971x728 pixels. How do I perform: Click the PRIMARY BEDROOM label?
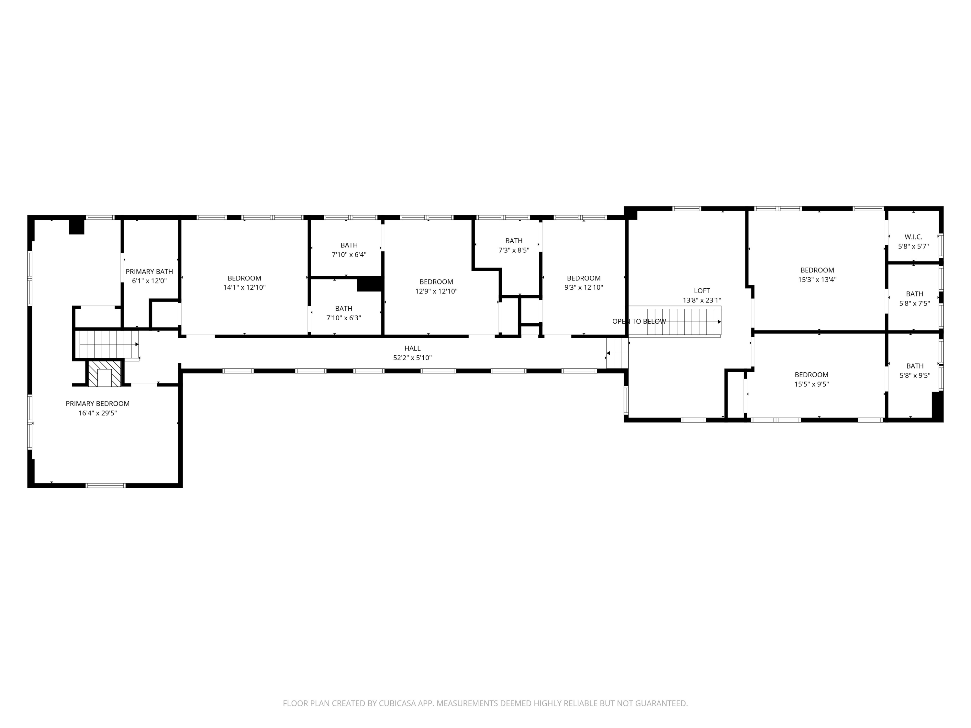click(x=97, y=403)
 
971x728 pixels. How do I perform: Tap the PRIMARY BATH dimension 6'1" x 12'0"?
click(x=149, y=281)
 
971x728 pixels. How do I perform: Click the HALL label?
click(x=412, y=348)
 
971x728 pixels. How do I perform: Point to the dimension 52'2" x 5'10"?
click(x=412, y=358)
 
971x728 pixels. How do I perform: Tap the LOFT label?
click(x=701, y=291)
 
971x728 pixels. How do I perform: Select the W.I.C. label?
click(x=913, y=237)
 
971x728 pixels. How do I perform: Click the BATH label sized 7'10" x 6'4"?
click(x=349, y=245)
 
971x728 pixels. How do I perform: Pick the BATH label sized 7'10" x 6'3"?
click(x=343, y=308)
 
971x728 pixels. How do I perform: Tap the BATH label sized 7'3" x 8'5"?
click(x=514, y=240)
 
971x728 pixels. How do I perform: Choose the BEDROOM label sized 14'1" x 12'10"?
click(x=244, y=278)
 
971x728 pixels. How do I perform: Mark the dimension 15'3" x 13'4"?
click(x=817, y=280)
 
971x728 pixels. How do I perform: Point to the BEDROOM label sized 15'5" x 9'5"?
click(x=811, y=374)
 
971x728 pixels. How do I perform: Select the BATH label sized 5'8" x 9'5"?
click(x=915, y=366)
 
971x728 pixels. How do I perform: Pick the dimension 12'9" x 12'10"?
click(x=436, y=291)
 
